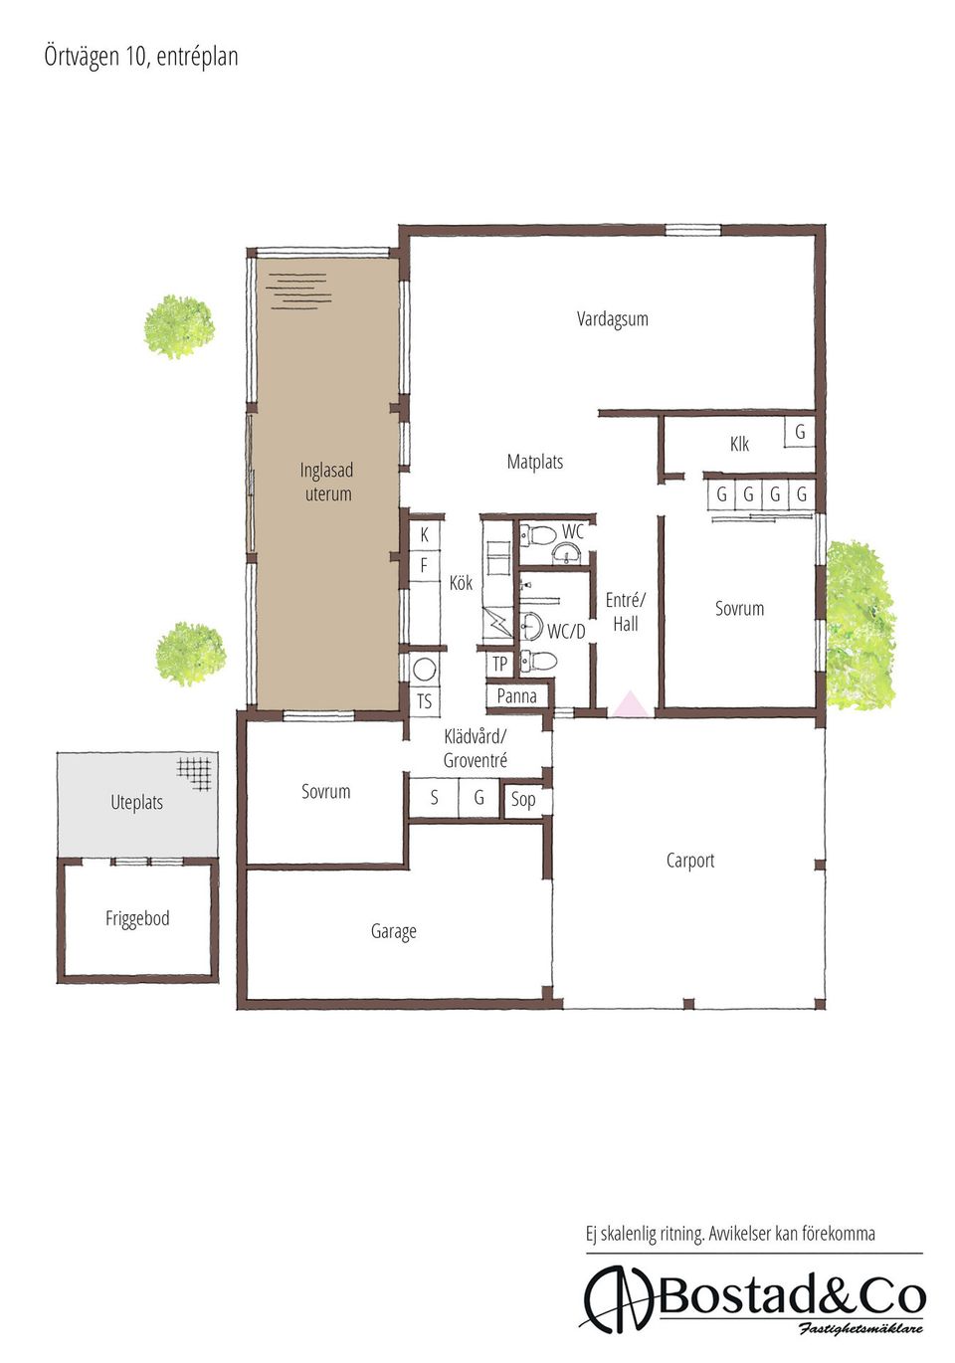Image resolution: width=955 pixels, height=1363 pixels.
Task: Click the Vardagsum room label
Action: click(x=612, y=318)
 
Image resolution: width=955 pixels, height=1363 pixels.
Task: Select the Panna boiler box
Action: click(x=517, y=696)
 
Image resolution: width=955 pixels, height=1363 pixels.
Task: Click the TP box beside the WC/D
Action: click(x=499, y=664)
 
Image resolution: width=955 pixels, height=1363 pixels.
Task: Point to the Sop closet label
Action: click(x=522, y=799)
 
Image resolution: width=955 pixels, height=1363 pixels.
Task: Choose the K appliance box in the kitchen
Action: click(x=424, y=535)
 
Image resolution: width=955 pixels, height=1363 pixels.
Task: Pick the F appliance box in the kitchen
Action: click(x=424, y=566)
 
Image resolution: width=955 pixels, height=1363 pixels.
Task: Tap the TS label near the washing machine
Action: click(x=424, y=701)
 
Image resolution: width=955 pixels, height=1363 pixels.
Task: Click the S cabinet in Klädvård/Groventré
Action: click(x=434, y=798)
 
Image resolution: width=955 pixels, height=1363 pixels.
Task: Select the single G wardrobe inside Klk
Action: click(x=799, y=432)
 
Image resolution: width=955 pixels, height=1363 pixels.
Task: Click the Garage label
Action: click(x=394, y=931)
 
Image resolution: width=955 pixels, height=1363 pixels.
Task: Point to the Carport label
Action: click(x=689, y=861)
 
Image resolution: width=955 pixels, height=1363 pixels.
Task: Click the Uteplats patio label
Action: click(x=137, y=803)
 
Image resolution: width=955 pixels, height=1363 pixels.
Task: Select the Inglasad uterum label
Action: click(x=327, y=482)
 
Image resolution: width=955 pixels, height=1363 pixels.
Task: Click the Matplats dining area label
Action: click(x=534, y=462)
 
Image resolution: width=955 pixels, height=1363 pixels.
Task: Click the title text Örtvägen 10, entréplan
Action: click(x=141, y=57)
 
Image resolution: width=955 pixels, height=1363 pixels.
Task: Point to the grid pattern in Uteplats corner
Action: click(x=195, y=773)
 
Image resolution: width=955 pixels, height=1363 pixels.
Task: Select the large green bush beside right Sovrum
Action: click(x=859, y=625)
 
